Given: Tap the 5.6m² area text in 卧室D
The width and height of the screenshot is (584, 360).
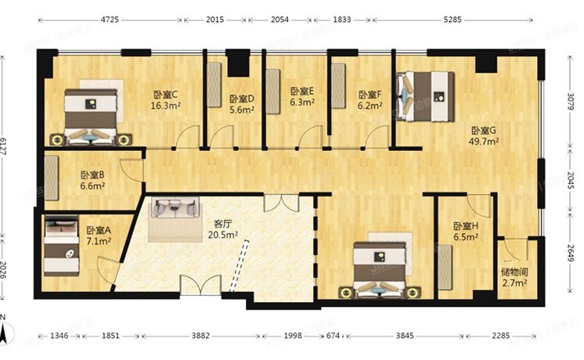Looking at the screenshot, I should coord(242,110).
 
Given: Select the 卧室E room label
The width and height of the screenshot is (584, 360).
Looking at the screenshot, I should coord(301,91).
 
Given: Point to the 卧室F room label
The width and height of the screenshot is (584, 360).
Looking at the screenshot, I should coord(370,94).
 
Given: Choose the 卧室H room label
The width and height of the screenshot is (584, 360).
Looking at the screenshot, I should coord(465,225).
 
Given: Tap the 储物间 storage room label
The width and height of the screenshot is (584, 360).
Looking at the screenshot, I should coord(514,273).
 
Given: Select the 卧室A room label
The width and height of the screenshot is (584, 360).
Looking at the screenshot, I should coord(99,230).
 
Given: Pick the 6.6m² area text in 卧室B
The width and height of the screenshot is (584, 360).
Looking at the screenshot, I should coord(92,186).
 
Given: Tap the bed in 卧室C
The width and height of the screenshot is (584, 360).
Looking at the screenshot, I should coord(92,116).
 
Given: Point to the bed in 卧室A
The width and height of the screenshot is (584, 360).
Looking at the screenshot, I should coord(62,247).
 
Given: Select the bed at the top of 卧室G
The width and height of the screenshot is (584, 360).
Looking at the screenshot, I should coord(425,95).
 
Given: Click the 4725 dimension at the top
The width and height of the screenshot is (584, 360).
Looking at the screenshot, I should coord(109,20).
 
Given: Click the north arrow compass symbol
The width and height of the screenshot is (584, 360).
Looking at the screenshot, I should coord(6,332).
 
